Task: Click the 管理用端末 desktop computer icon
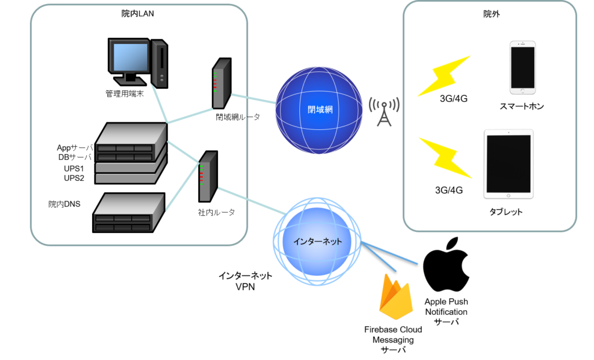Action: pos(138,63)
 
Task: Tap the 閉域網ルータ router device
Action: pos(222,83)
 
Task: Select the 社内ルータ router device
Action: pos(208,176)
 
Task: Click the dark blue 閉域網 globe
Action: pos(319,110)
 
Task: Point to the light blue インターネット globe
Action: pos(317,241)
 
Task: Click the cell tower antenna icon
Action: pos(384,112)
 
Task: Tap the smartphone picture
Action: pos(523,67)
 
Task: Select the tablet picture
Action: pos(508,164)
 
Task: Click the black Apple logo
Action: pos(446,264)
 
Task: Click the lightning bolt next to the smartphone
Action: pos(444,76)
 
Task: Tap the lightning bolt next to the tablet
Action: pos(445,158)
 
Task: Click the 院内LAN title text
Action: pos(137,14)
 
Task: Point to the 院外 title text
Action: pos(491,14)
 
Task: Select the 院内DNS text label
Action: pos(64,204)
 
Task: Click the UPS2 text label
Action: pos(74,178)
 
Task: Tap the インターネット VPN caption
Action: pos(245,281)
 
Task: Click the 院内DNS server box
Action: pos(129,212)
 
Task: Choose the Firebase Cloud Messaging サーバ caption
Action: pos(393,340)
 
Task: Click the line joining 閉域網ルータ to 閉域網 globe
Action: pos(253,99)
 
